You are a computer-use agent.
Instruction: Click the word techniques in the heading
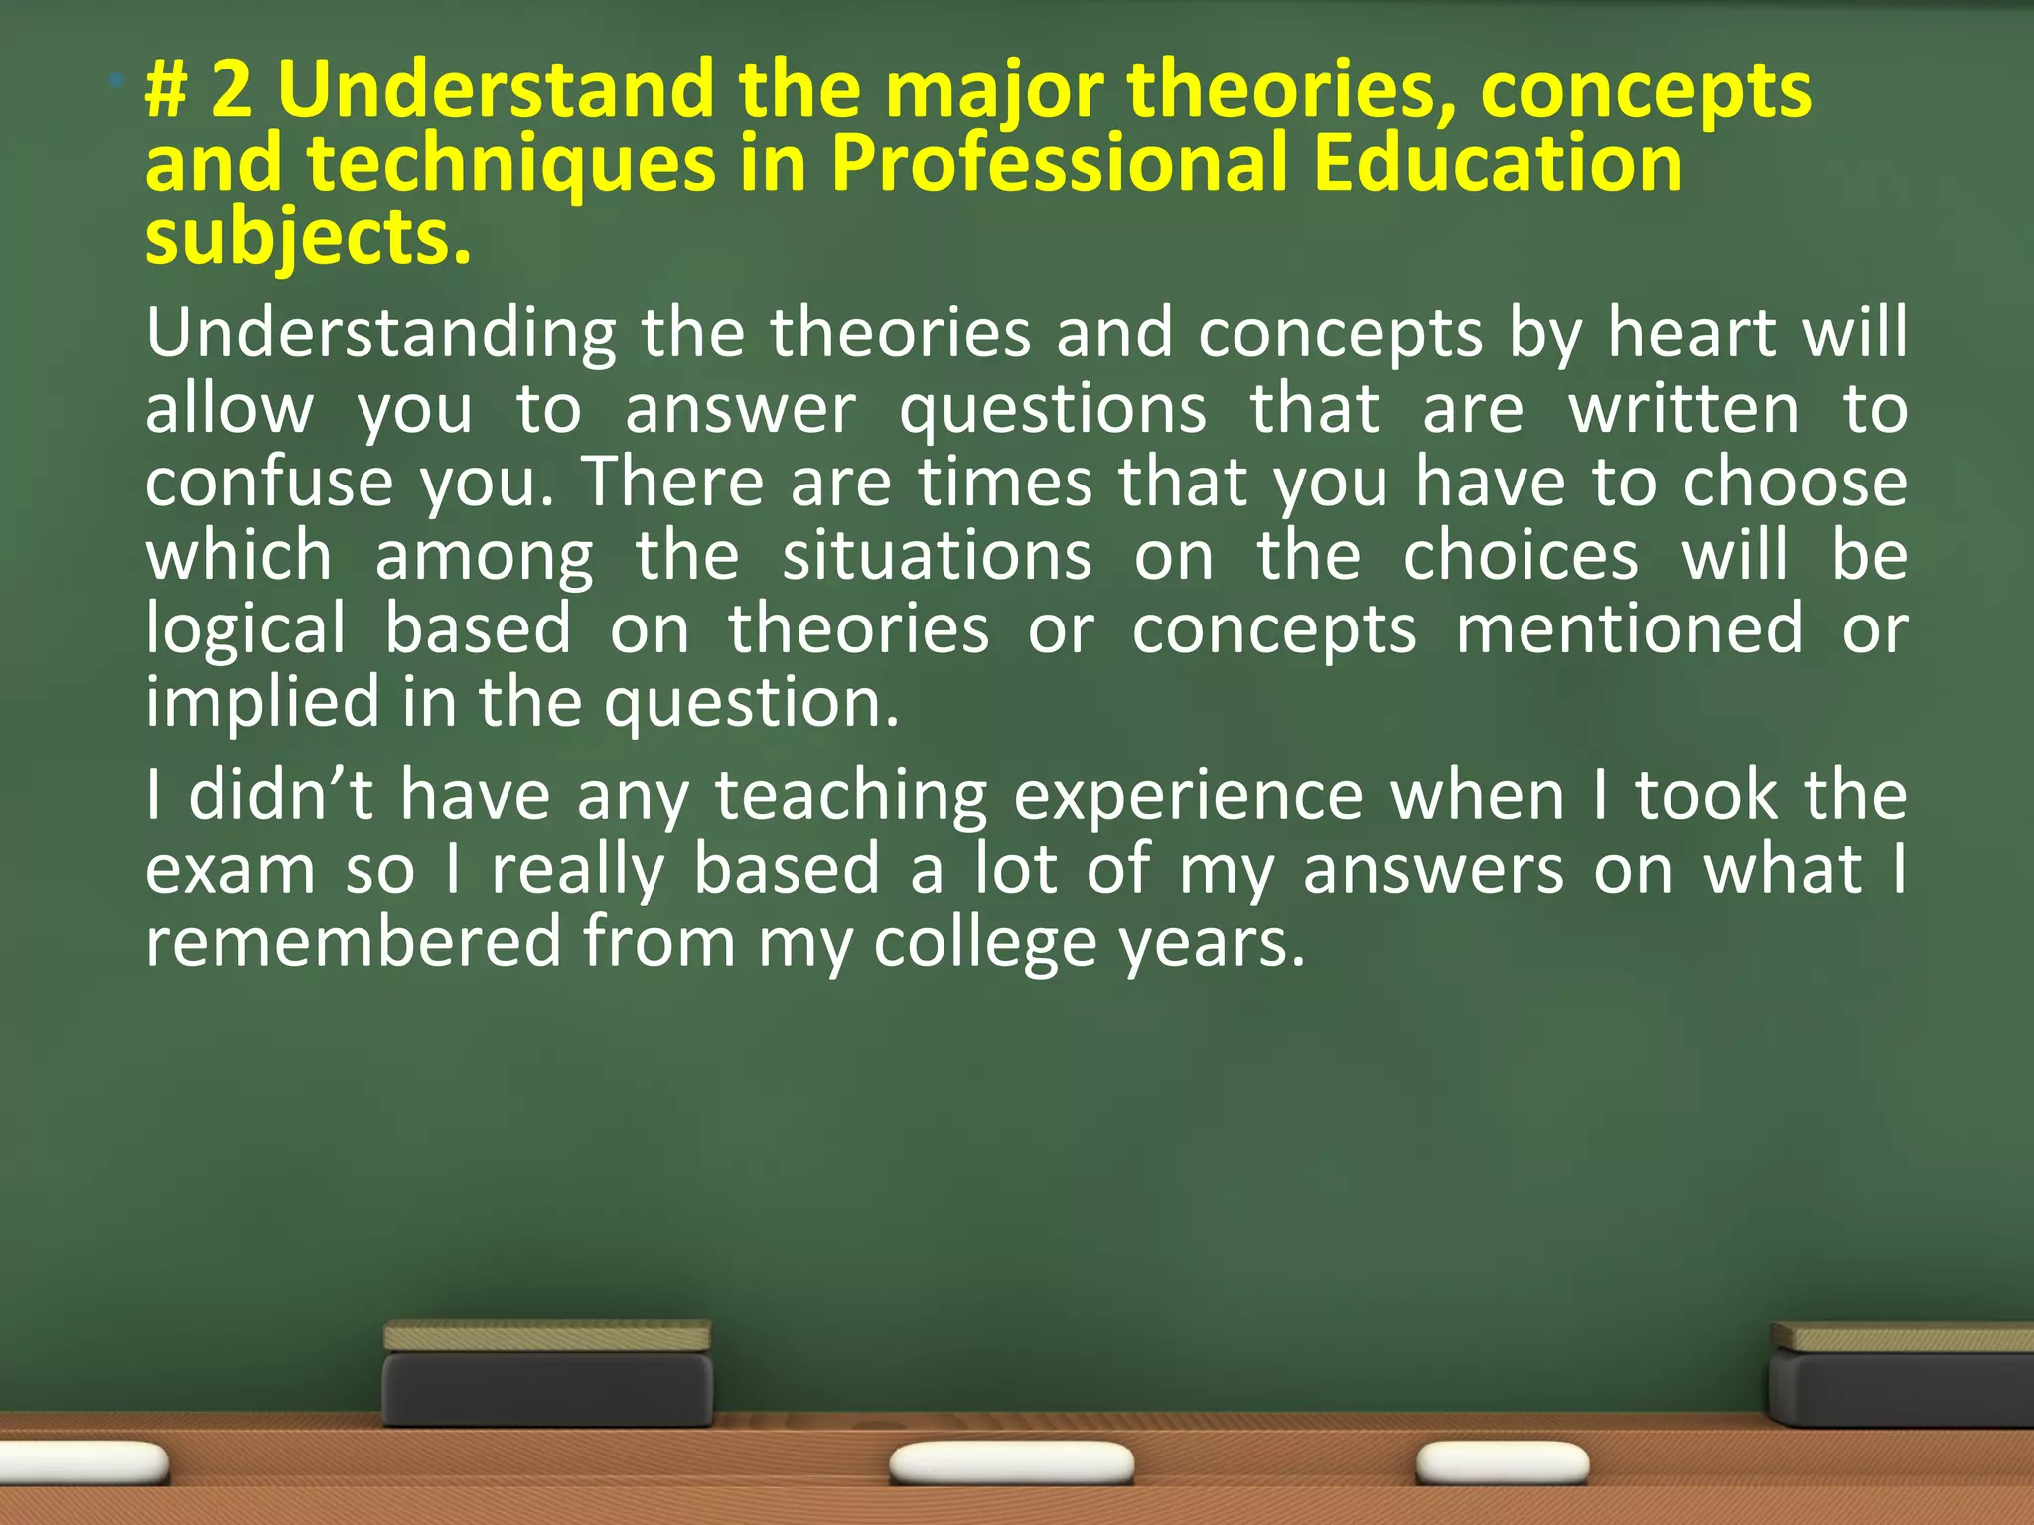[510, 164]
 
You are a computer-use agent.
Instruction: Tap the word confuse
[269, 482]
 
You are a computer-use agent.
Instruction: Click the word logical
[246, 629]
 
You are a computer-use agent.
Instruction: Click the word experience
[1188, 797]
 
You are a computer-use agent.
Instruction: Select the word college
[984, 943]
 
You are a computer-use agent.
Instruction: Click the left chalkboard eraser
[547, 1375]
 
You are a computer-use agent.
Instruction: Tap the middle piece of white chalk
[1011, 1463]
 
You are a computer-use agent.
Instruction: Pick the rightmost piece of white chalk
[1502, 1463]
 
